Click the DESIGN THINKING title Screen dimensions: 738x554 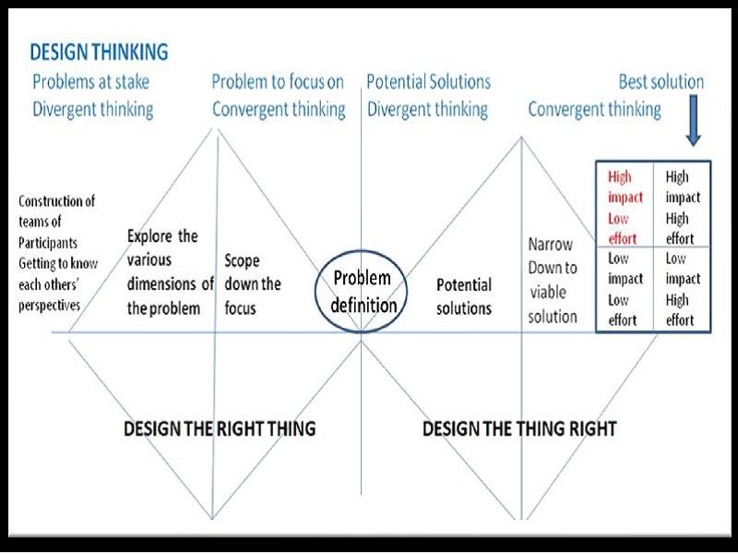[x=99, y=52]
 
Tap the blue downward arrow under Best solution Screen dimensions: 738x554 [x=694, y=120]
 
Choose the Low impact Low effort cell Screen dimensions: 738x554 [x=625, y=289]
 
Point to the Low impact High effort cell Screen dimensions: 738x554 [x=683, y=289]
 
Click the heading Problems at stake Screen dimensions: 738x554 [x=90, y=82]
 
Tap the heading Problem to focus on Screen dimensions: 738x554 [x=278, y=82]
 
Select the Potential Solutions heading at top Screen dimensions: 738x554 [x=428, y=82]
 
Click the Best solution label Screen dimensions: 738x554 [x=661, y=82]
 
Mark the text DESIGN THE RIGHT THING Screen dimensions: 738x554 [x=220, y=428]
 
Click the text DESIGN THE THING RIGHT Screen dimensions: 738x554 [x=519, y=428]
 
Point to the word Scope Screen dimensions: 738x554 [x=242, y=261]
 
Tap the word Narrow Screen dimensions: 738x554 [x=550, y=245]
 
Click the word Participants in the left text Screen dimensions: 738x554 [x=48, y=243]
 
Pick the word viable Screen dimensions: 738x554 [x=548, y=293]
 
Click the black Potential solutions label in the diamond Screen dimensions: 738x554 [x=464, y=296]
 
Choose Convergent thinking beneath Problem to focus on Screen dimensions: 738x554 [x=279, y=109]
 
